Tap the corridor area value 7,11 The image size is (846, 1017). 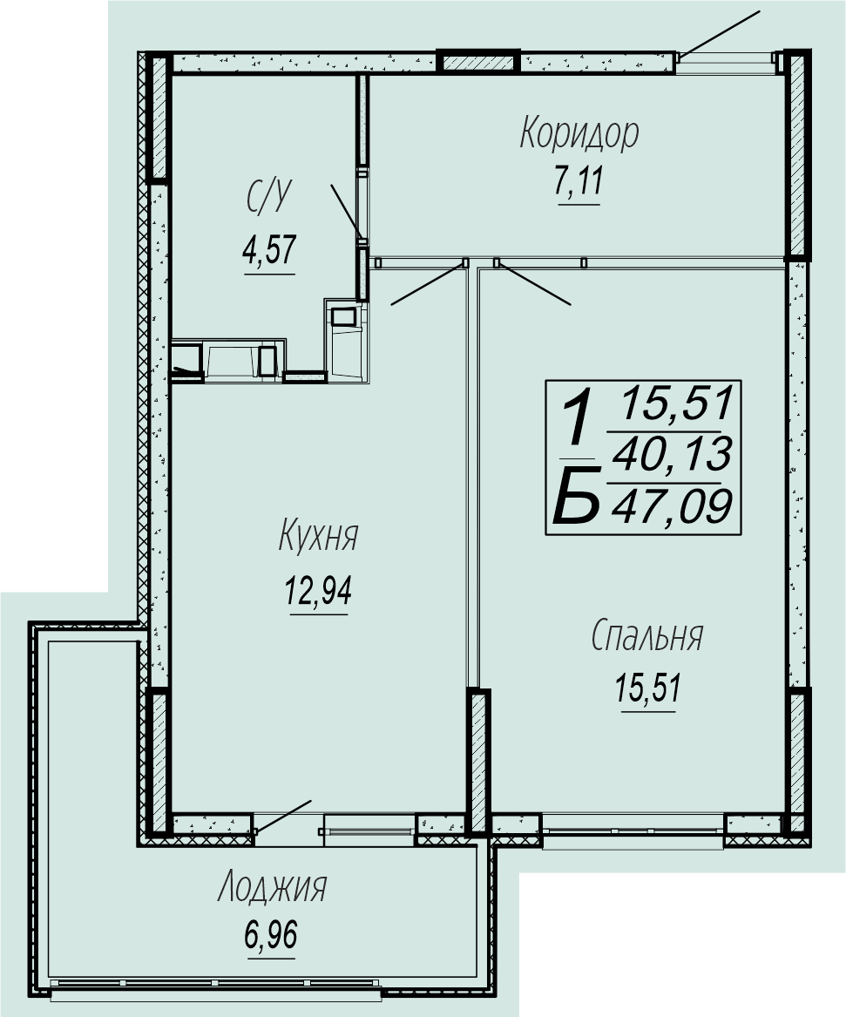click(579, 181)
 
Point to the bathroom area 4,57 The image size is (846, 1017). click(269, 250)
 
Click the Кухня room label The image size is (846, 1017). click(318, 537)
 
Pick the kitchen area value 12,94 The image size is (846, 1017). click(318, 590)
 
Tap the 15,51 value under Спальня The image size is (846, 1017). click(648, 688)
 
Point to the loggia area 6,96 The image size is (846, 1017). click(271, 936)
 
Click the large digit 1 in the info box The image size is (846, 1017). click(577, 422)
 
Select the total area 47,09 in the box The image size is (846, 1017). click(673, 506)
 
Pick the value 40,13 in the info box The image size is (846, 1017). click(673, 454)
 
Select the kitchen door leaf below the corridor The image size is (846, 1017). click(429, 283)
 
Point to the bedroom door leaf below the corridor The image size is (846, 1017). click(533, 283)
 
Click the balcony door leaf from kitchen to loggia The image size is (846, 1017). click(284, 816)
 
